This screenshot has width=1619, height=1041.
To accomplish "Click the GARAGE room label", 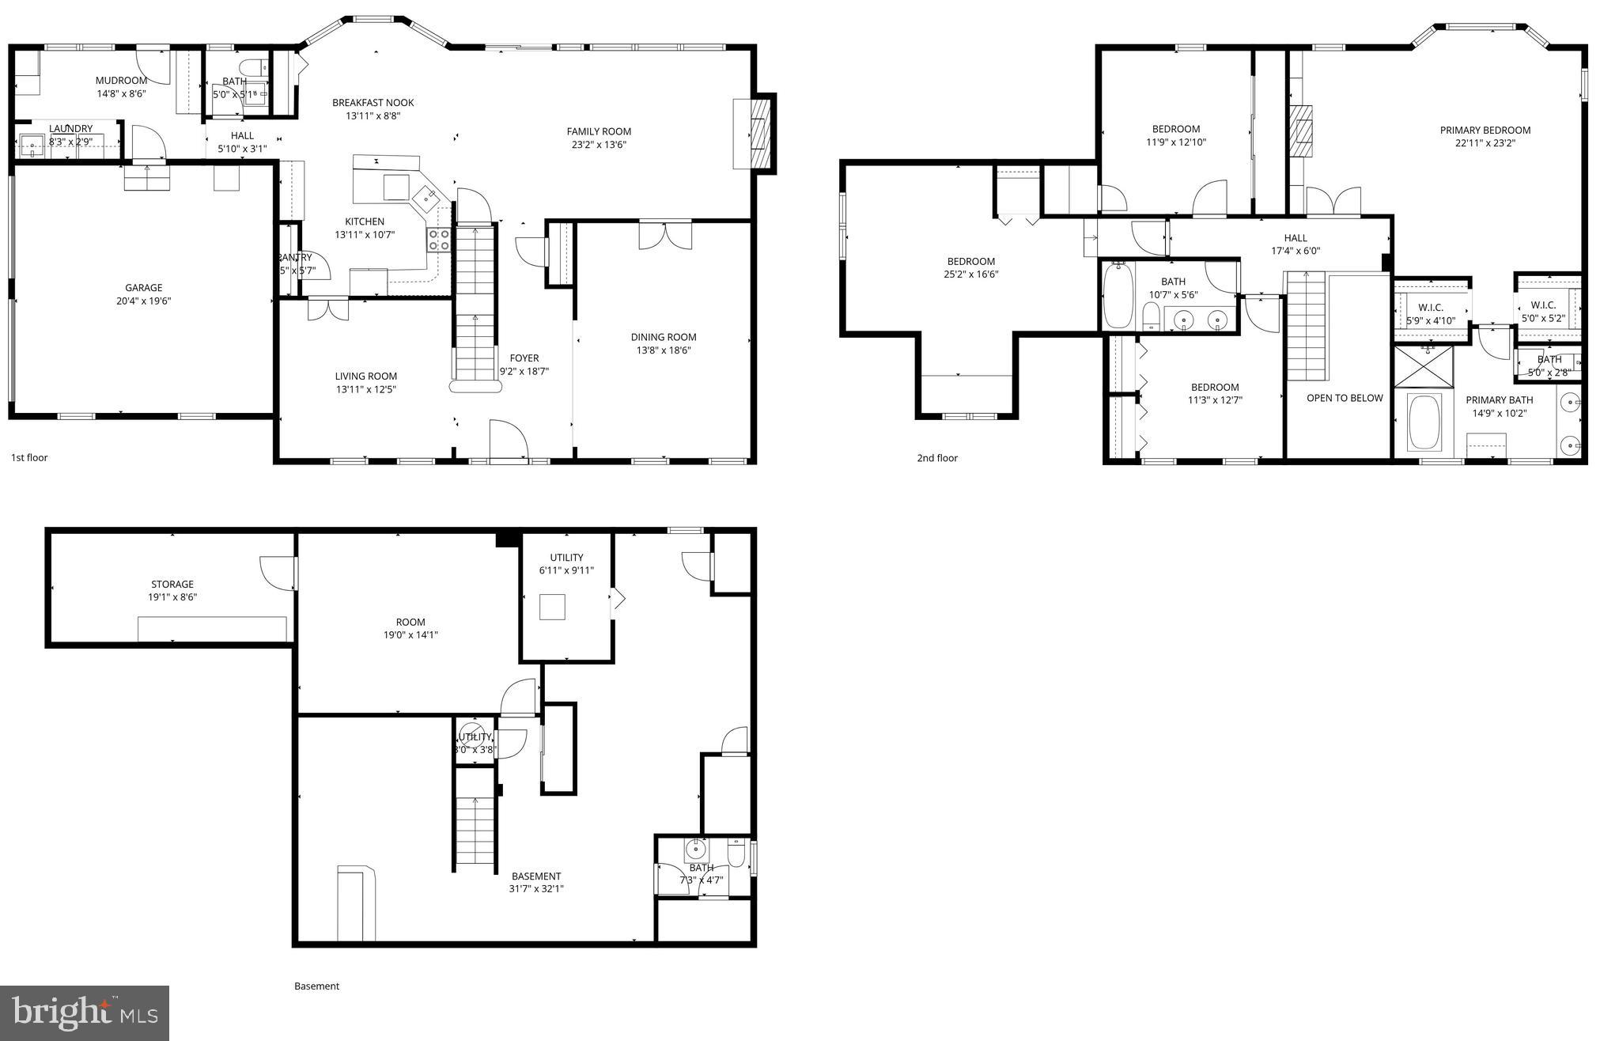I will point(143,288).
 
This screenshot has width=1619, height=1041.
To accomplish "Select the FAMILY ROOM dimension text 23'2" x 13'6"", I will point(599,145).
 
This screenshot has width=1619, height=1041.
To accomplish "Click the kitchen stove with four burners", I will point(439,240).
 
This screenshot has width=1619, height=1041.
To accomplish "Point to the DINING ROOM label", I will point(663,337).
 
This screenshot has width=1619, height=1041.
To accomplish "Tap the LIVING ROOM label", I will point(365,377).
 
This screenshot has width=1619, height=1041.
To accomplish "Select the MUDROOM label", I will point(121,81).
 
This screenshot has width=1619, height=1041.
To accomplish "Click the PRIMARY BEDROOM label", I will point(1485,131).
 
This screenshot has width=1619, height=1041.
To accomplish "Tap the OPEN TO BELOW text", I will point(1344,398).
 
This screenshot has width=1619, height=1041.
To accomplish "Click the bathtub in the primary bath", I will point(1424,423).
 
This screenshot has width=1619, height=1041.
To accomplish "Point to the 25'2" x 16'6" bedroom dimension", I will point(970,274).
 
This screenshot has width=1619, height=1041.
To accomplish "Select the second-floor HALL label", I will point(1295,238).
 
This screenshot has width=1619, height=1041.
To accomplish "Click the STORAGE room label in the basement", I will point(172,585).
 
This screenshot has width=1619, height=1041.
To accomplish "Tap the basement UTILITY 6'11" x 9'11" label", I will point(566,558).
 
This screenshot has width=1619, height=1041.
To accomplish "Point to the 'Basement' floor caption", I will point(316,986).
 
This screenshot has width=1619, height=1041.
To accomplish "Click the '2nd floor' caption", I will point(936,458).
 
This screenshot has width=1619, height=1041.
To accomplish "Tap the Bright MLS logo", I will point(85,1013).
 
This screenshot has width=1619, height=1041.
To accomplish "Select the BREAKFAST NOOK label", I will point(373,103).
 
